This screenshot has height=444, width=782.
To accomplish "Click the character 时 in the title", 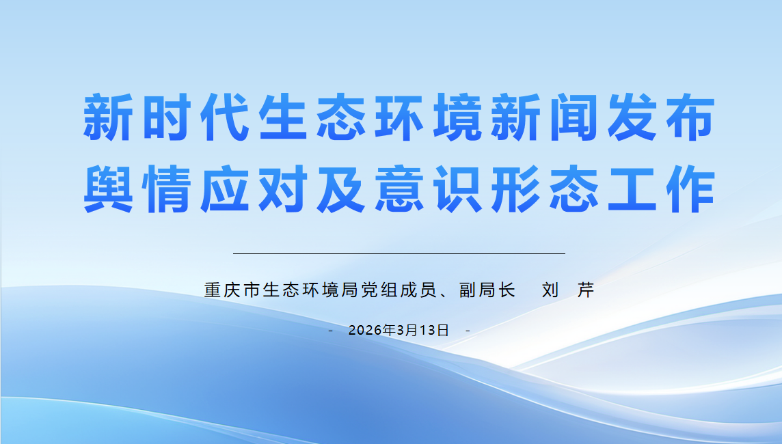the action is (x=166, y=117).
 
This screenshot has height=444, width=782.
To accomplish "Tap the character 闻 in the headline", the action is (x=574, y=117).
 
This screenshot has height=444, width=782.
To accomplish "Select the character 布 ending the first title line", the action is (x=690, y=117).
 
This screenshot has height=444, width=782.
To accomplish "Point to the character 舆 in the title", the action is (x=108, y=189).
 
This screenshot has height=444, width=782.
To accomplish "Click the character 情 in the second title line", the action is (x=166, y=189).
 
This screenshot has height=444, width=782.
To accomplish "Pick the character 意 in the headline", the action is (x=399, y=189).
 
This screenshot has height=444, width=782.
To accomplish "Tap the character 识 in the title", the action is (x=457, y=189).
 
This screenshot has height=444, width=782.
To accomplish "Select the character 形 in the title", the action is (x=515, y=189).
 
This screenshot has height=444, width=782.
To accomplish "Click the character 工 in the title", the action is (x=632, y=189).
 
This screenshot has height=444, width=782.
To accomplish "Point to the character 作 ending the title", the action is (x=690, y=189).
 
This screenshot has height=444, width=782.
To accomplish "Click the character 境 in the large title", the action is (x=457, y=117).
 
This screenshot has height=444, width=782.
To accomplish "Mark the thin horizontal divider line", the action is (x=399, y=253).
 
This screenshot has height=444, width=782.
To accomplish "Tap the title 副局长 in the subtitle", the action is (x=487, y=290).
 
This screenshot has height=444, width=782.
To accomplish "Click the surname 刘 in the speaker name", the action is (x=550, y=290).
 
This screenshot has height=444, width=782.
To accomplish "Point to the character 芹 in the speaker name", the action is (x=586, y=290).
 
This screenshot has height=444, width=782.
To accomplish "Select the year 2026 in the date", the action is (x=364, y=331).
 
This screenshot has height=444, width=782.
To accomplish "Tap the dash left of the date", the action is (x=331, y=331).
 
